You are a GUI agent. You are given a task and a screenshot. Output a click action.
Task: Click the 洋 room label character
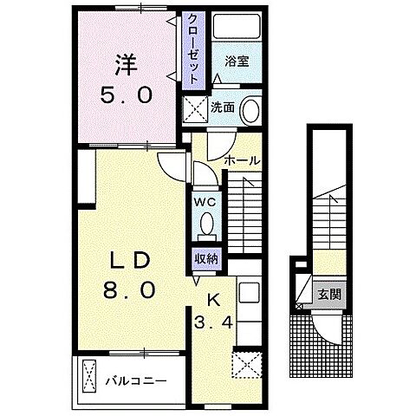point(127,65)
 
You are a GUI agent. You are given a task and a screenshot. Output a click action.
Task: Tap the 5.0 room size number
point(127,95)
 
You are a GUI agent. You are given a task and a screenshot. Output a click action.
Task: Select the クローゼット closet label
point(193,49)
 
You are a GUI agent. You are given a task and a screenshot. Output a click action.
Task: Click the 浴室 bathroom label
point(237,62)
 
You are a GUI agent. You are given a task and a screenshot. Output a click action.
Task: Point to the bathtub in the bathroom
point(237,26)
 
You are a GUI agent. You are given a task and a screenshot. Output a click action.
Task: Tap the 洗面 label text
point(222,107)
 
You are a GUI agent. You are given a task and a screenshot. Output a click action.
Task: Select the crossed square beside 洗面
point(196,109)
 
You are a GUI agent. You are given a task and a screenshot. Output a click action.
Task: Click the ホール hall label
point(242,160)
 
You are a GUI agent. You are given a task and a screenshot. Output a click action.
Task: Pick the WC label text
point(205,202)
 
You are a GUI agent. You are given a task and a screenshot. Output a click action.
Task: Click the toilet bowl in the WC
point(207,224)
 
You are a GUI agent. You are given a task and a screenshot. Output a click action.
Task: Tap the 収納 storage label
point(206,259)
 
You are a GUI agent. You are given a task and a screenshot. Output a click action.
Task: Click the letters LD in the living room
point(129,260)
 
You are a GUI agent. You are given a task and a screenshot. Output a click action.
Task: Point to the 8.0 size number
point(129,289)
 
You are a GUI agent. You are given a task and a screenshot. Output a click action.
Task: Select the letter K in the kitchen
point(214,301)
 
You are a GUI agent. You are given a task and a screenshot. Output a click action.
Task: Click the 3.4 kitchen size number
point(213,322)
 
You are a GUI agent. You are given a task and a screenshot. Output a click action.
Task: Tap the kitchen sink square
point(249,293)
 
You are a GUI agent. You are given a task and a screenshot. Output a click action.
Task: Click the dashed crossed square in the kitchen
point(247,364)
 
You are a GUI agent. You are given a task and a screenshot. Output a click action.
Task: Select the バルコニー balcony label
point(136,381)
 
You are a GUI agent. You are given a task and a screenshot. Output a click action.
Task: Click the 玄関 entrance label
point(329,295)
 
